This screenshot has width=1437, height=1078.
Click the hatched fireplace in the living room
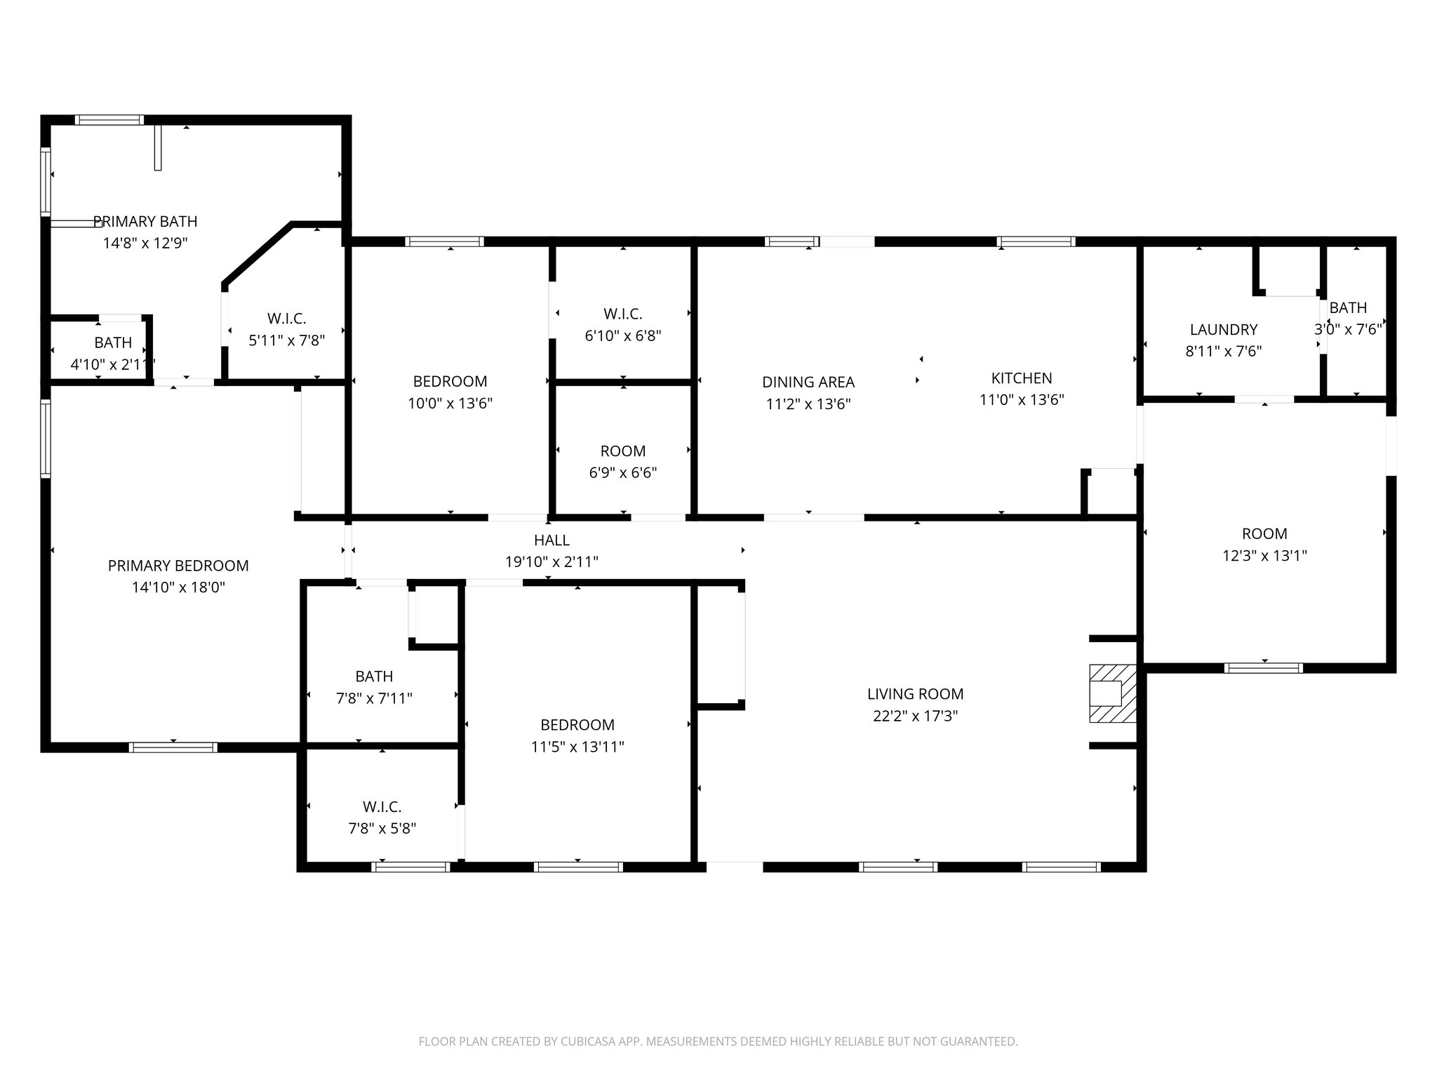[1112, 693]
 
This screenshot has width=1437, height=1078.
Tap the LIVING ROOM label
[915, 694]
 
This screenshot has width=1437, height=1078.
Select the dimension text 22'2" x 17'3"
[915, 716]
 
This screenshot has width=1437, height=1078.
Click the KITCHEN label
[1021, 378]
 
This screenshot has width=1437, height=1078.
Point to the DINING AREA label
[808, 382]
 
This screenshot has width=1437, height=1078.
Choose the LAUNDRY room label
[1223, 329]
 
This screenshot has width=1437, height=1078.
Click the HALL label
[552, 540]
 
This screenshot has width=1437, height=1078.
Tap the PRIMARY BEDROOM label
[178, 566]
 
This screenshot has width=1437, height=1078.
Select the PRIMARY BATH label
[145, 222]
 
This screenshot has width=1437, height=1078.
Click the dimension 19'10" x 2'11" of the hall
[552, 562]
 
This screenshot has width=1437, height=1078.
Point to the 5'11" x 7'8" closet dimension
[286, 341]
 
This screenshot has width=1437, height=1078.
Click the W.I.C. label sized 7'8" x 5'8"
[382, 806]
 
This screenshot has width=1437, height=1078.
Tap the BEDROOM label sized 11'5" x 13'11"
[577, 725]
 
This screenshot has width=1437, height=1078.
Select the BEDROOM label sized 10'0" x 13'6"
[450, 382]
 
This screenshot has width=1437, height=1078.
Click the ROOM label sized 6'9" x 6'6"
[622, 451]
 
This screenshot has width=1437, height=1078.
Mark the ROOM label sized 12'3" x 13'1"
[1264, 533]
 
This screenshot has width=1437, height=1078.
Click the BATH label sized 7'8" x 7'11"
[374, 677]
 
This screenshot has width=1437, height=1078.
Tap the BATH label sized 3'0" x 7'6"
[1347, 307]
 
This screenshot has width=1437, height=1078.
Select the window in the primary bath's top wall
[109, 120]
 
